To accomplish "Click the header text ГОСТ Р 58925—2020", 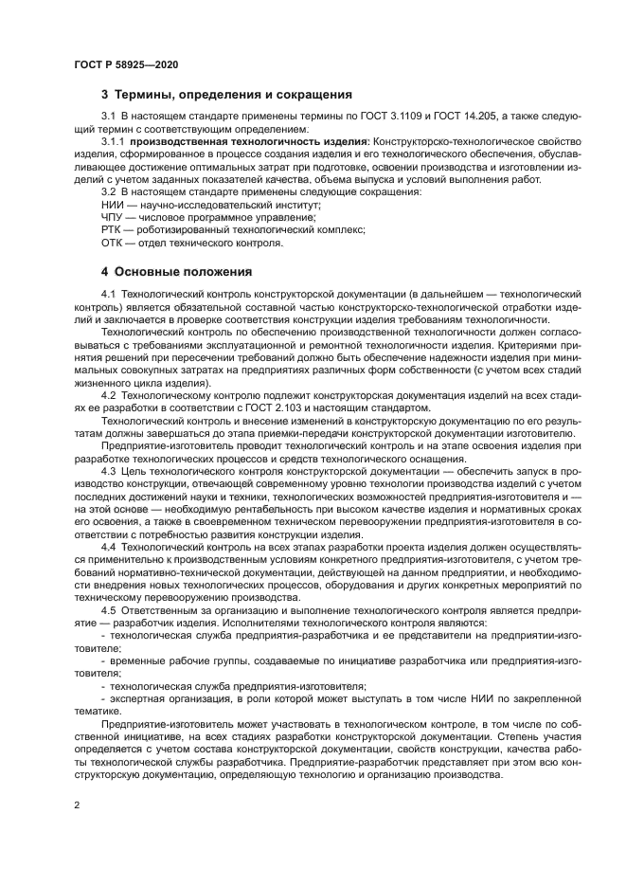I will tap(126, 63).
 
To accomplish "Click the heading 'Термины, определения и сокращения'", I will tap(233, 95).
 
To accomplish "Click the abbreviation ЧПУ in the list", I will tap(113, 217).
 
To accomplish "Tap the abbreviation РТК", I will tap(112, 229).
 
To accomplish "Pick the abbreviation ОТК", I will tap(112, 242).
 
